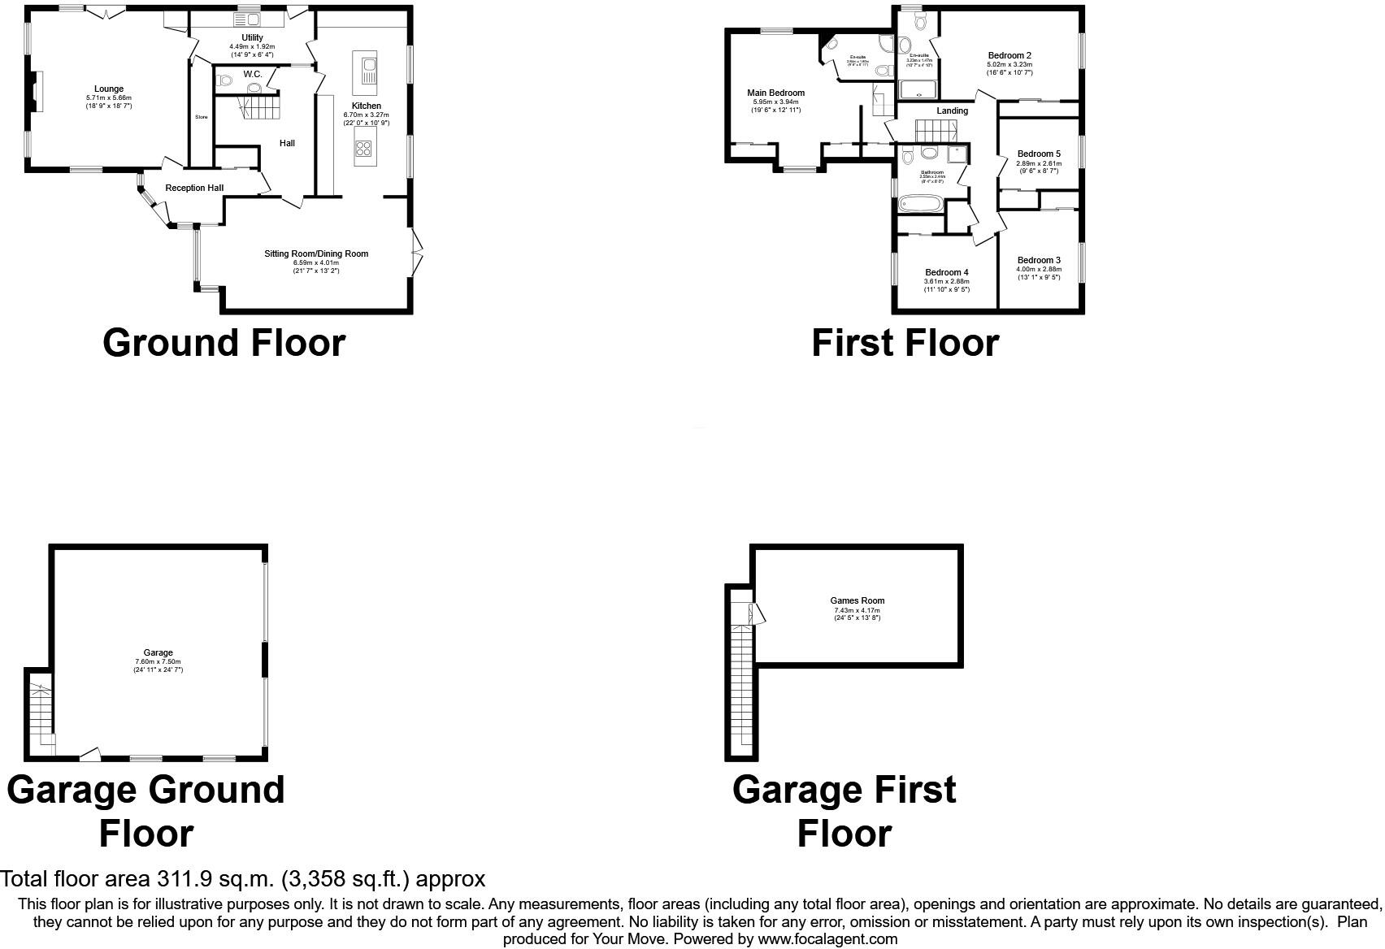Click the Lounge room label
[x=109, y=89]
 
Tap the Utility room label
[x=252, y=37]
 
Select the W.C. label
[x=252, y=74]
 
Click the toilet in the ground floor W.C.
[x=225, y=80]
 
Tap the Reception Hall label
[x=194, y=188]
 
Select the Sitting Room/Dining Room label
[x=316, y=253]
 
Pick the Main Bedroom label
[x=775, y=93]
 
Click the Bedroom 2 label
[x=1009, y=56]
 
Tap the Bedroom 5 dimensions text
[x=1038, y=167]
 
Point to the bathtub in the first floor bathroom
[x=922, y=203]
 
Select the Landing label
[x=952, y=110]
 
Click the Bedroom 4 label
[x=946, y=273]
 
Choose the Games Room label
[x=857, y=601]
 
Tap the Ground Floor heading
[x=224, y=343]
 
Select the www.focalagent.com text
[x=827, y=939]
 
